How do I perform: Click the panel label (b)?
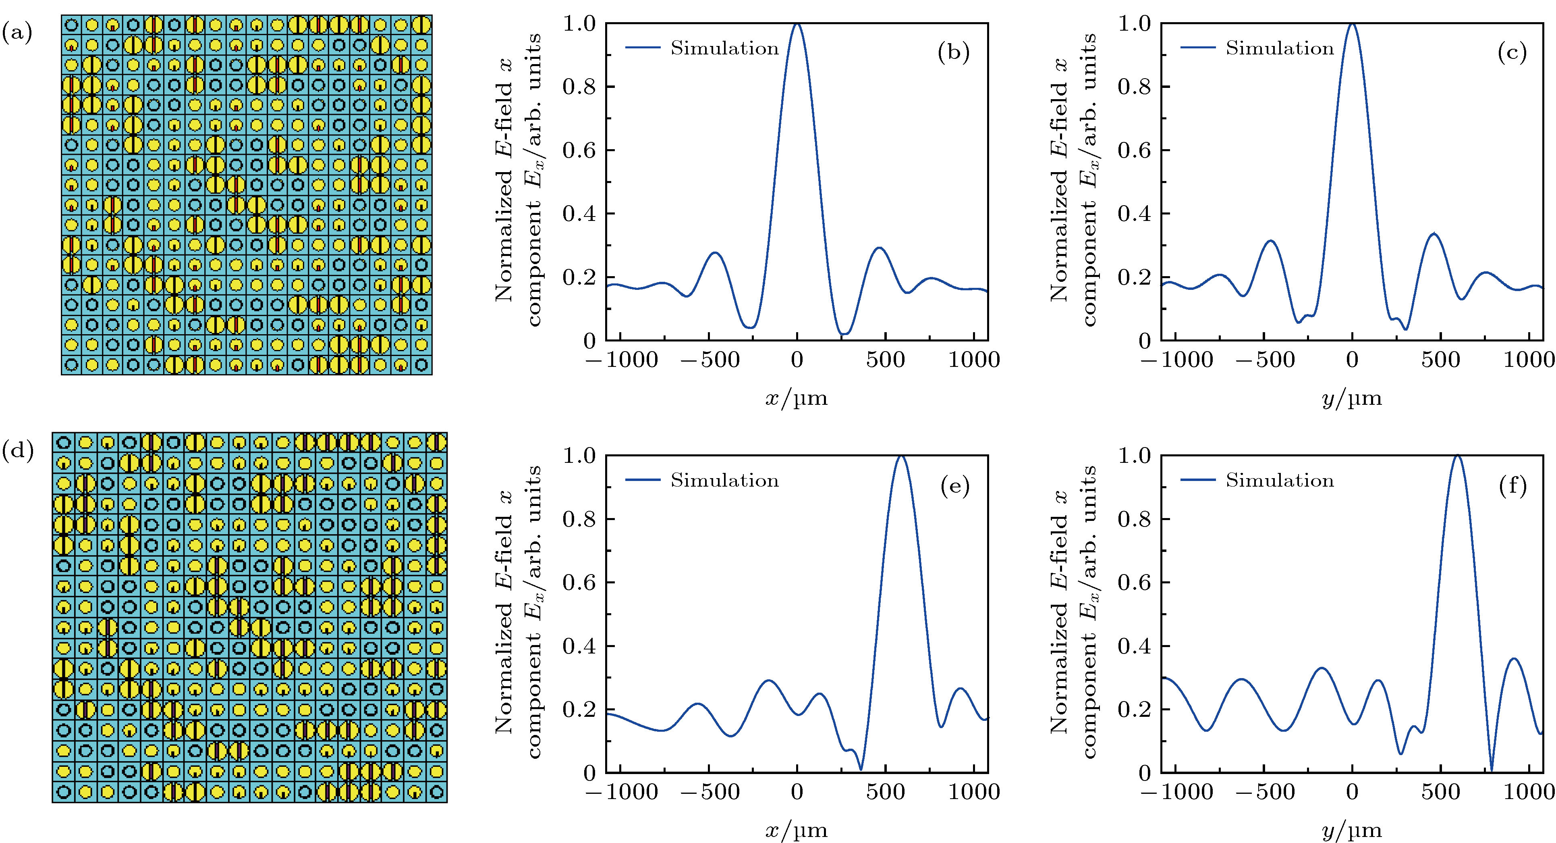[x=954, y=53]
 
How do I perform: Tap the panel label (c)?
[x=1512, y=53]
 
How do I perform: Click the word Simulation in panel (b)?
[x=724, y=48]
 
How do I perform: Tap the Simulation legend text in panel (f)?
[x=1279, y=481]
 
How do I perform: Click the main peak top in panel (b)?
[x=797, y=24]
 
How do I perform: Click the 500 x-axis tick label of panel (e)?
[x=886, y=792]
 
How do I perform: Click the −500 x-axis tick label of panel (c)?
[x=1265, y=360]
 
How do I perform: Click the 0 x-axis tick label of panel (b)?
[x=797, y=360]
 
